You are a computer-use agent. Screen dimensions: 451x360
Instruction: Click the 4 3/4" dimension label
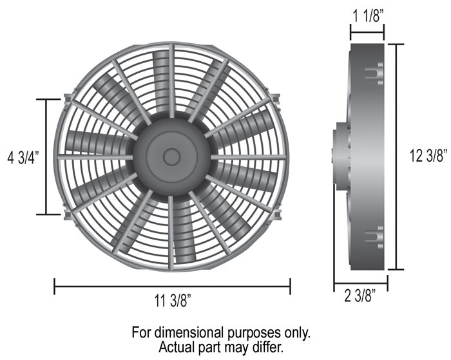click(23, 158)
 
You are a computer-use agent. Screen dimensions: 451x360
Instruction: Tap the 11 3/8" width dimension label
click(173, 301)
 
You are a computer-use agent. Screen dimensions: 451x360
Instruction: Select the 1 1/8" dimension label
click(368, 15)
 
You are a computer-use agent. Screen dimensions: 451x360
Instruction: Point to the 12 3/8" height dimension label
click(428, 156)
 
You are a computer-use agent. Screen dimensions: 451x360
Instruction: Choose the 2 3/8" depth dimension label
click(360, 296)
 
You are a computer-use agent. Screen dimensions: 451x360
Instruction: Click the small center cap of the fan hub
click(172, 157)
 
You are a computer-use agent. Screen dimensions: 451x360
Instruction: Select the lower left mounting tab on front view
click(68, 215)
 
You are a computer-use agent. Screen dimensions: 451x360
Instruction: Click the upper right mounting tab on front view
click(276, 99)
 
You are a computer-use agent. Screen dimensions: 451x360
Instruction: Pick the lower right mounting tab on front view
click(276, 215)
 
